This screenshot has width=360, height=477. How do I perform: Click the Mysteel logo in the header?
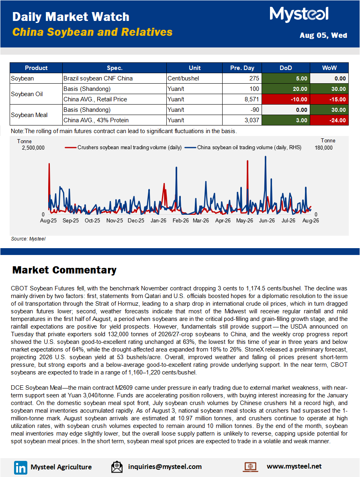pyautogui.click(x=299, y=14)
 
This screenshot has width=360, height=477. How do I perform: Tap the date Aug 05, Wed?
pyautogui.click(x=323, y=35)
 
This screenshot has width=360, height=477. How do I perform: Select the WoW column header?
pyautogui.click(x=329, y=68)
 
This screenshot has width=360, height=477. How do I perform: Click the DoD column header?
pyautogui.click(x=286, y=68)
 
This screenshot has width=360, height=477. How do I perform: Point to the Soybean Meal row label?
pyautogui.click(x=29, y=115)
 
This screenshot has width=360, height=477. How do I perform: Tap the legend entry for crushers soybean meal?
pyautogui.click(x=123, y=148)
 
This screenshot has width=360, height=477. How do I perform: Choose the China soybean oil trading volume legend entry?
pyautogui.click(x=243, y=148)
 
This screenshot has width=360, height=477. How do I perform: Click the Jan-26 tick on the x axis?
pyautogui.click(x=158, y=220)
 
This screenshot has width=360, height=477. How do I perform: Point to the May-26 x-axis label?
pyautogui.click(x=245, y=220)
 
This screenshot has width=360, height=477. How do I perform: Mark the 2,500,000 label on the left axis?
pyautogui.click(x=33, y=148)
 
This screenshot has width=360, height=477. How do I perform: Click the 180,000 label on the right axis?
pyautogui.click(x=323, y=148)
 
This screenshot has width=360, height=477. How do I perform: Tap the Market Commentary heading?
pyautogui.click(x=64, y=270)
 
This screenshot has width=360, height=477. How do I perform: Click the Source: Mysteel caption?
pyautogui.click(x=28, y=239)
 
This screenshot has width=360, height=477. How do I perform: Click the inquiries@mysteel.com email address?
pyautogui.click(x=165, y=467)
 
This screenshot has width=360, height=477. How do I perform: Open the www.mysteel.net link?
pyautogui.click(x=294, y=467)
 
